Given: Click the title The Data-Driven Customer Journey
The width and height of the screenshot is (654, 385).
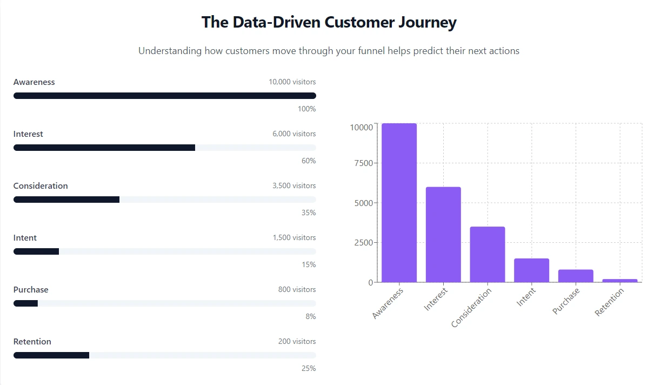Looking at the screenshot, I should [x=329, y=22].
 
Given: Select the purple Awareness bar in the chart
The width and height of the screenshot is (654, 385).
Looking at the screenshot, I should [x=399, y=203].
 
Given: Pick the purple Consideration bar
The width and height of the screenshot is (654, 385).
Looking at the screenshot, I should [x=487, y=254].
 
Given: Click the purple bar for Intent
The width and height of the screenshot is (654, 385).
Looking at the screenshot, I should [x=531, y=270].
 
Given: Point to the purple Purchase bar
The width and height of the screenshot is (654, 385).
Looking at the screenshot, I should [x=575, y=276].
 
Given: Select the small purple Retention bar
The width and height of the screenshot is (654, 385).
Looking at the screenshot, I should [x=619, y=280].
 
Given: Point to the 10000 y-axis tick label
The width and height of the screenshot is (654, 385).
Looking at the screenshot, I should [x=361, y=127].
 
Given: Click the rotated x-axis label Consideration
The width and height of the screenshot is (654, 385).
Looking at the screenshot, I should [x=471, y=308].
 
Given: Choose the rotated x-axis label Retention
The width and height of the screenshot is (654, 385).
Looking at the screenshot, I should [x=609, y=302].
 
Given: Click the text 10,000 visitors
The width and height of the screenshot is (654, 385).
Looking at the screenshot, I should [x=292, y=82].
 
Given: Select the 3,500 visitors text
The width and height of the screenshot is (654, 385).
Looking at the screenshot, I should [x=294, y=186].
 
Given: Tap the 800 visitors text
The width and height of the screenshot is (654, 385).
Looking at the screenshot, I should [x=297, y=290].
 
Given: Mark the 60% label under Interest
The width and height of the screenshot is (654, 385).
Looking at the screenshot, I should [x=309, y=161].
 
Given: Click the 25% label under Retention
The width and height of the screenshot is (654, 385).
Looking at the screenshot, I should [x=309, y=369].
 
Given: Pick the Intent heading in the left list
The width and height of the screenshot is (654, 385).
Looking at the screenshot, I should [x=25, y=238].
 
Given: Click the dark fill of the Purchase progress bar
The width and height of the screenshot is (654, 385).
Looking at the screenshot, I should [x=25, y=303].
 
